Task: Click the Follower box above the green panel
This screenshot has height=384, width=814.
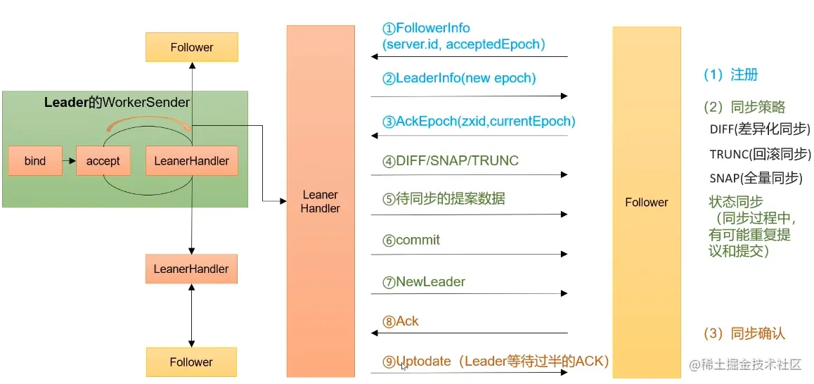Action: coord(191,47)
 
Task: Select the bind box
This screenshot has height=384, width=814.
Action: coord(34,161)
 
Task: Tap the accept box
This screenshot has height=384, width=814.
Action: coord(103,161)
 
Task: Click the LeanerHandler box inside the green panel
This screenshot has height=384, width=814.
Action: coord(191,161)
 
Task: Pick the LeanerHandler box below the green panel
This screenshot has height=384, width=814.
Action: coord(191,269)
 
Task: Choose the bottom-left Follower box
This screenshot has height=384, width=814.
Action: coord(191,362)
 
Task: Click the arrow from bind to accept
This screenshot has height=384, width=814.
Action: coord(68,161)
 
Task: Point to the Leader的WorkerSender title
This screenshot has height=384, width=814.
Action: coord(117,102)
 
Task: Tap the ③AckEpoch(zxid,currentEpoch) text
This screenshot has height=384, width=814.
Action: coord(479,121)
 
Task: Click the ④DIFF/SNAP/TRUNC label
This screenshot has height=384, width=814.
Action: coord(451,161)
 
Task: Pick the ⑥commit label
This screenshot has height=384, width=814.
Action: coord(411,240)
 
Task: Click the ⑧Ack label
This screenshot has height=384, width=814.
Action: coord(401,321)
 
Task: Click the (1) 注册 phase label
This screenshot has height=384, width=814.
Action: coord(731,75)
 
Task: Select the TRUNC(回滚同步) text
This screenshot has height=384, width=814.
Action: coord(760,154)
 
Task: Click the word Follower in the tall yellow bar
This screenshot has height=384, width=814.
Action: coord(646,203)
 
